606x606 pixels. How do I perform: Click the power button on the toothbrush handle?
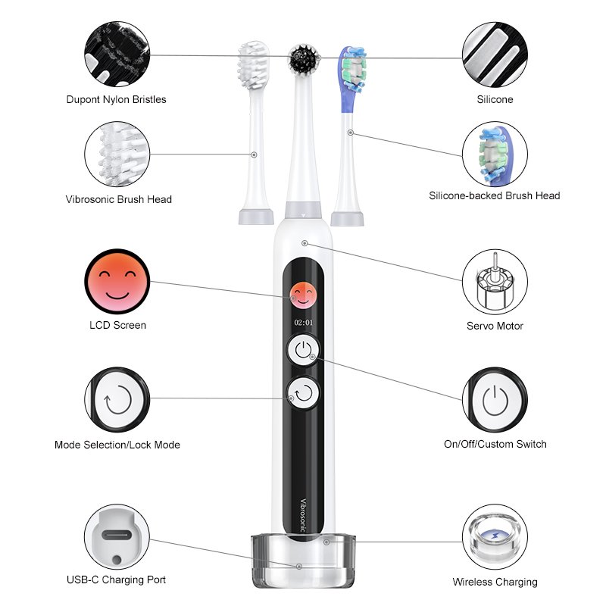click(304, 349)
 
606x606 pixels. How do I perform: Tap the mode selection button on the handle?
click(304, 393)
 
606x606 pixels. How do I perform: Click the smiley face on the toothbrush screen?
click(304, 295)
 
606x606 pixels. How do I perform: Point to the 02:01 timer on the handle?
click(304, 323)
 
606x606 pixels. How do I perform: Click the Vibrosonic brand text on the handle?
click(304, 515)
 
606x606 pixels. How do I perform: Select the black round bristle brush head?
click(304, 59)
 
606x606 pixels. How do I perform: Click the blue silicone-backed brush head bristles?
click(353, 70)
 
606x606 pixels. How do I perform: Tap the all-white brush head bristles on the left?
click(253, 65)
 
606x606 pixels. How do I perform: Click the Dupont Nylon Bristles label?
click(117, 99)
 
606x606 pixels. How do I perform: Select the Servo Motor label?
click(495, 326)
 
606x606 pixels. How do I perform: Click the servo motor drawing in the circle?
click(495, 281)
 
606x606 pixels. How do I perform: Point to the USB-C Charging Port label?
click(117, 579)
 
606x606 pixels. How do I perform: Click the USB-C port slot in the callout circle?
click(117, 536)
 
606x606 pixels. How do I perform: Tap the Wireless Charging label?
click(495, 582)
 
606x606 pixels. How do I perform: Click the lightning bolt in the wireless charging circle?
click(495, 536)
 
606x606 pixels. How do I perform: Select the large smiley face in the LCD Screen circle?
click(117, 281)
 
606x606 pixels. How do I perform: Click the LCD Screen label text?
click(118, 325)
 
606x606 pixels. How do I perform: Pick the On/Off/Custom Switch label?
click(495, 444)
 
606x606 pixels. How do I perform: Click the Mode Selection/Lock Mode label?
click(117, 445)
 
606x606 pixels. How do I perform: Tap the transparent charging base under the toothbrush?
click(304, 561)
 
